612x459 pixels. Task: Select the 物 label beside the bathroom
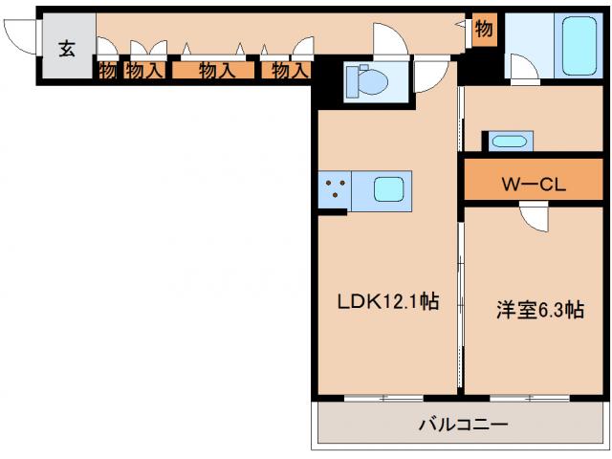pyautogui.click(x=484, y=30)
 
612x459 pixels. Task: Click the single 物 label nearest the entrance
pyautogui.click(x=106, y=69)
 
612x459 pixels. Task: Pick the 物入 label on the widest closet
pyautogui.click(x=217, y=69)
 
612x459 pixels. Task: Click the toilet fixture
pyautogui.click(x=364, y=80)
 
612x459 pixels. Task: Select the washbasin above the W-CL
pyautogui.click(x=509, y=142)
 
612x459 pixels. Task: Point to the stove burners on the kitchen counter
pyautogui.click(x=335, y=189)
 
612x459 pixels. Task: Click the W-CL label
pyautogui.click(x=534, y=183)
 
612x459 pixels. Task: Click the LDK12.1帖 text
pyautogui.click(x=387, y=301)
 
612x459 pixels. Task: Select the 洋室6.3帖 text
pyautogui.click(x=539, y=309)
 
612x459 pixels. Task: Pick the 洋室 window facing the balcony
pyautogui.click(x=526, y=395)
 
